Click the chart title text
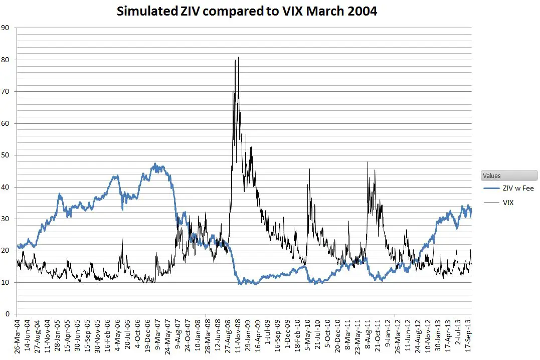[x=247, y=11]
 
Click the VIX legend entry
[x=507, y=203]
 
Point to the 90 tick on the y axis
[x=6, y=28]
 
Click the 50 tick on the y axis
[x=6, y=155]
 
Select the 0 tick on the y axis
[x=8, y=314]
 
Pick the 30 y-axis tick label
[x=6, y=219]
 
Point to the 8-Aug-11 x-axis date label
[x=368, y=336]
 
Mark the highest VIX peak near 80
[x=238, y=58]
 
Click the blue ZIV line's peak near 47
[x=155, y=164]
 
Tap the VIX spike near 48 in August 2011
[x=368, y=162]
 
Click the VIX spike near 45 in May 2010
[x=309, y=169]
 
